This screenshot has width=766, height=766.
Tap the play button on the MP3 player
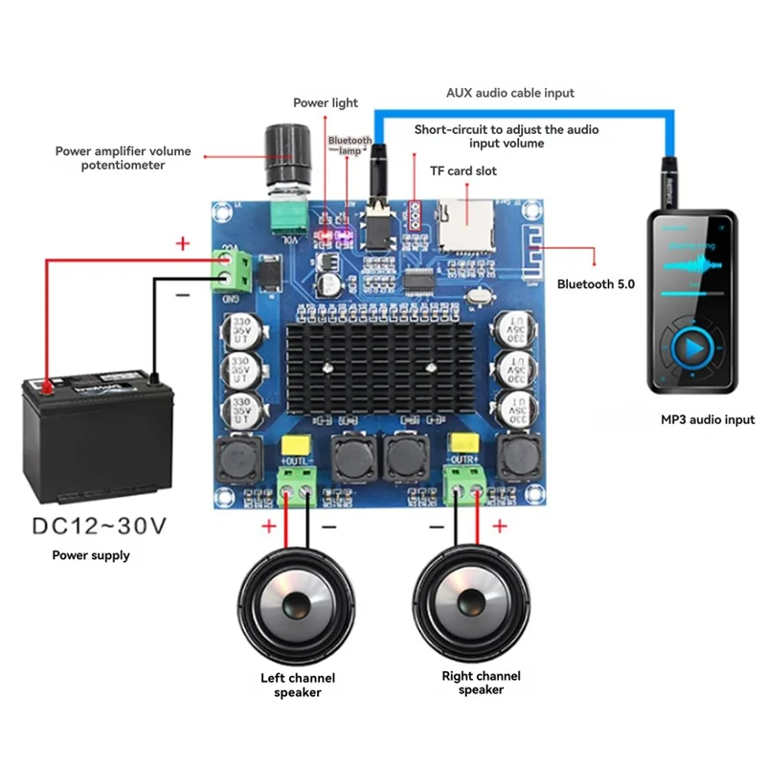(692, 349)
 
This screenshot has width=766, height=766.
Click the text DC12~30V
(100, 526)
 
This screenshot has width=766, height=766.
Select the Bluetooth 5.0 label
(596, 284)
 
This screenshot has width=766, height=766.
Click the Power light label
(326, 102)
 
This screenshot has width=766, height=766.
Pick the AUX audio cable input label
(510, 93)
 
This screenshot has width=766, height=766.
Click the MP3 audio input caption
(708, 419)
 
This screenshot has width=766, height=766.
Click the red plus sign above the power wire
(183, 243)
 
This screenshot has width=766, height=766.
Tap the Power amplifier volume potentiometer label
(123, 158)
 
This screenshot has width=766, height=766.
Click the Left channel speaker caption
(298, 685)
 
